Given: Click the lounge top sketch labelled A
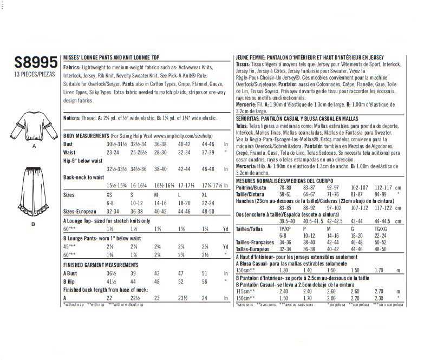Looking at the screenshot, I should pos(34,124).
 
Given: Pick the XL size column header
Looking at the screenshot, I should pos(205,193).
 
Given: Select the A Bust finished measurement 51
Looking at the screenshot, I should pos(204,274).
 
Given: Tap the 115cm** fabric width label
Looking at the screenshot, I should pos(246,290).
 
